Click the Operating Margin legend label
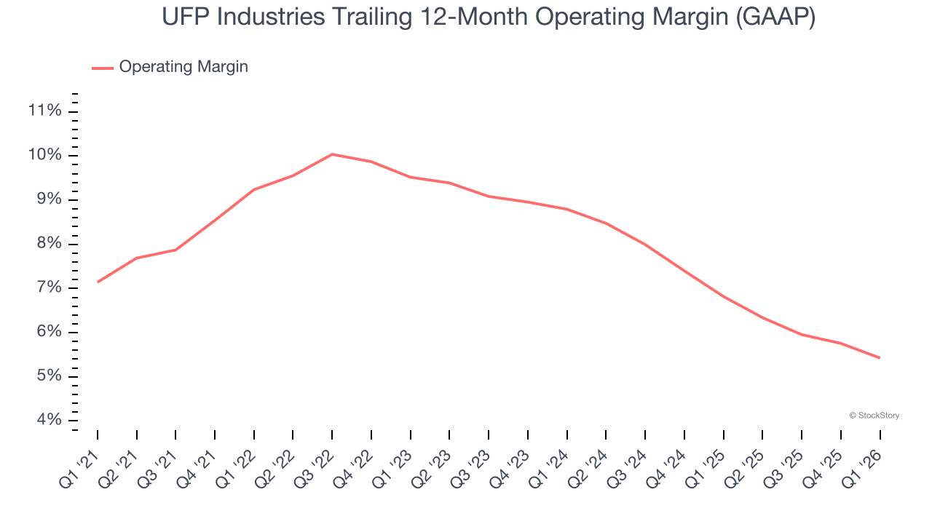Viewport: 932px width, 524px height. (183, 67)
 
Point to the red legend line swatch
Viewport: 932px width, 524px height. (103, 68)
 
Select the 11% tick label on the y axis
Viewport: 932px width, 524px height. (44, 111)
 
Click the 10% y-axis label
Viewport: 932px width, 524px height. (44, 155)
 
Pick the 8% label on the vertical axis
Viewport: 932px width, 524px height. (47, 244)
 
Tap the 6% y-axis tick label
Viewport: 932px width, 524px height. (47, 333)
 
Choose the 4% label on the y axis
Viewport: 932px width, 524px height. (47, 421)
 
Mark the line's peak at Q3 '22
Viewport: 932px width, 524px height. (332, 154)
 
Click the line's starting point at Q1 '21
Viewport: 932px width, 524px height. (98, 282)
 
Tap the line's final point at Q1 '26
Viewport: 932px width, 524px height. (880, 357)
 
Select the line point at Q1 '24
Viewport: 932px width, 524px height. (567, 209)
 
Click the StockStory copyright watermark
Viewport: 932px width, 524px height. (874, 416)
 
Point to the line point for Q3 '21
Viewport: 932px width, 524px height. (175, 250)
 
